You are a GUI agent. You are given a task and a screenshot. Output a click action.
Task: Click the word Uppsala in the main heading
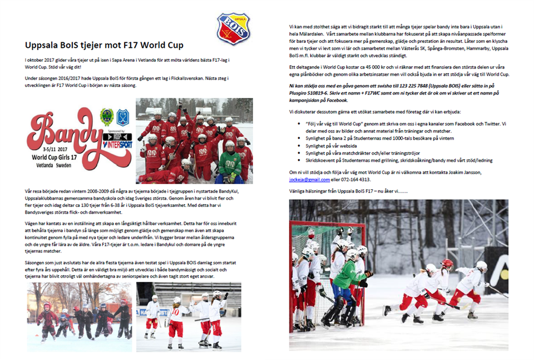coord(43,45)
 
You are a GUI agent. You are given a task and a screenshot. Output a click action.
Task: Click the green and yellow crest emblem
coord(107,117)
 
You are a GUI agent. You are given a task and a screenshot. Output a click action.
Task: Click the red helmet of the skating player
coord(447,263)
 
